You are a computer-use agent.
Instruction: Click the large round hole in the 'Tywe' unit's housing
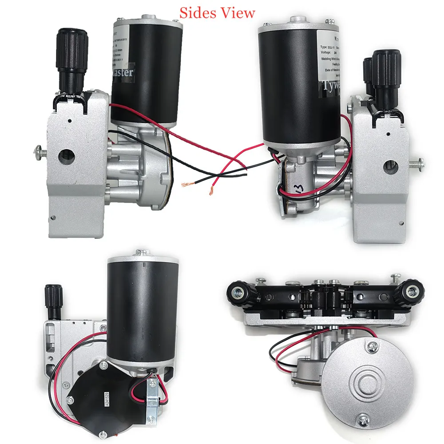tap(390, 167)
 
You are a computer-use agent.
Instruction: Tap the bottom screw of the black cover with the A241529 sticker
tap(103, 433)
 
